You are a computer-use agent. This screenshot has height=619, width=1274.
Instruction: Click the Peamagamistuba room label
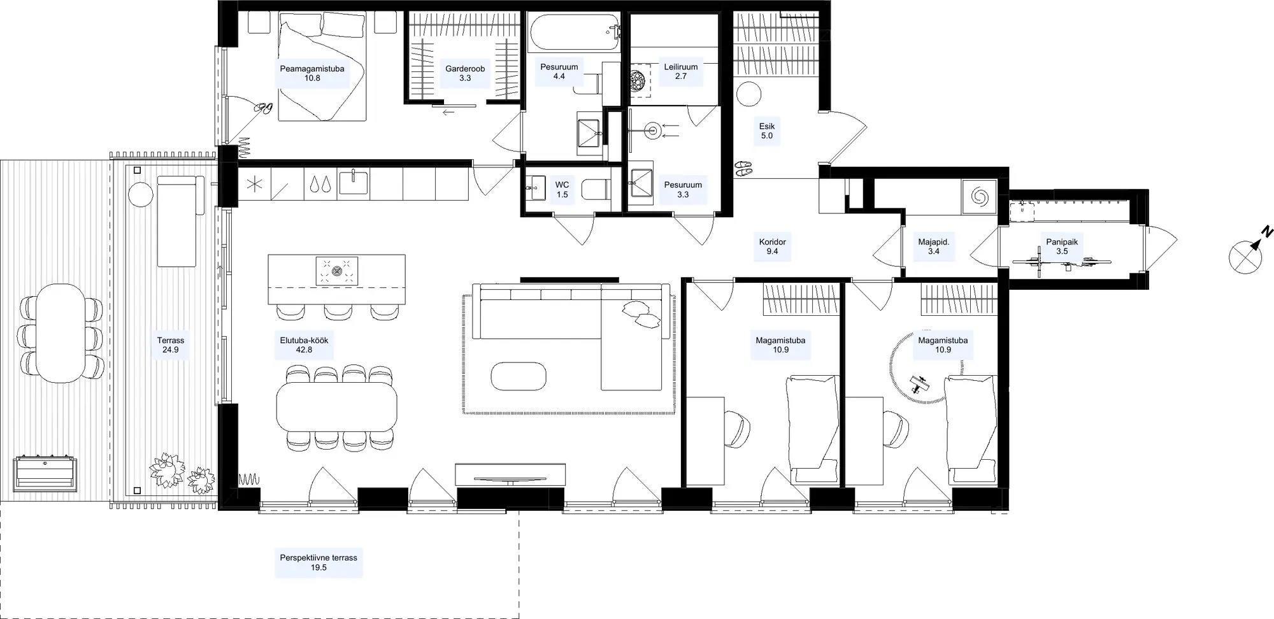tap(312, 73)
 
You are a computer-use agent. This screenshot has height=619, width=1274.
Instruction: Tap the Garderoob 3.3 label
tap(465, 73)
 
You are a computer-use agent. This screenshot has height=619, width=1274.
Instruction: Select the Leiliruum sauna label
tap(681, 71)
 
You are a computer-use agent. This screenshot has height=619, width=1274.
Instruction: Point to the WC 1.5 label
tap(562, 190)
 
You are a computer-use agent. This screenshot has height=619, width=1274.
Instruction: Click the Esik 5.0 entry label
tap(767, 131)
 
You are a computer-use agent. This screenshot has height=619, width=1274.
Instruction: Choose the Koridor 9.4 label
tap(773, 246)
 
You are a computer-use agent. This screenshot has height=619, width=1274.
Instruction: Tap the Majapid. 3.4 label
tap(934, 246)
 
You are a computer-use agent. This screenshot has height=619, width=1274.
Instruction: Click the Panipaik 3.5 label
tap(1062, 246)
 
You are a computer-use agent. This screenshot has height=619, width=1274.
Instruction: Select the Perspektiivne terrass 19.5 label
tap(318, 562)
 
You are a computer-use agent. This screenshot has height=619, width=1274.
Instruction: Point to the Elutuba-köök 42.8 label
tap(304, 345)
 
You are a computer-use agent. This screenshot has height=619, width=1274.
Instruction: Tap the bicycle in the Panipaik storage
tap(1062, 261)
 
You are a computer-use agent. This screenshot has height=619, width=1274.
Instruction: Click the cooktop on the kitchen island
tap(337, 271)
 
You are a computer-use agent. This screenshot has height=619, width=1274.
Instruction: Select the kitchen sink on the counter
tap(354, 183)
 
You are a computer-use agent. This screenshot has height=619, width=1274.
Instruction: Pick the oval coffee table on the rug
tap(519, 376)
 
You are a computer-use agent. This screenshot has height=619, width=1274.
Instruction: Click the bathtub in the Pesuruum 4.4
tap(573, 33)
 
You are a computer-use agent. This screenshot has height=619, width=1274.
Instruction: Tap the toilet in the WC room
tap(597, 190)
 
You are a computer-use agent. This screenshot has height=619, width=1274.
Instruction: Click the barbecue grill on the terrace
tap(45, 472)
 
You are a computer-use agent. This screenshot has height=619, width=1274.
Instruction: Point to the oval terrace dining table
tap(61, 333)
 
